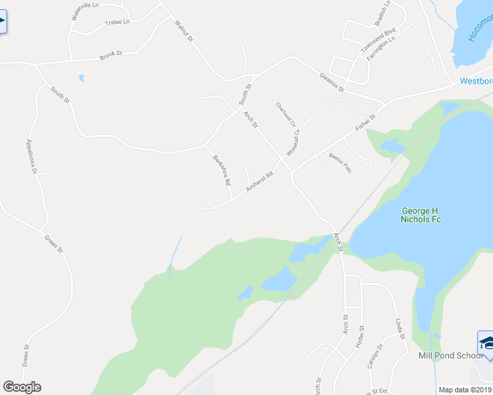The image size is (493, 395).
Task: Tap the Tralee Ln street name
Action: pyautogui.click(x=117, y=22)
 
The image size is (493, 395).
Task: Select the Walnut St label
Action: pyautogui.click(x=183, y=31)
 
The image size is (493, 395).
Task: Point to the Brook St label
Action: pyautogui.click(x=111, y=55)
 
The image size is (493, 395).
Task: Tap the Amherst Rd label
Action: pyautogui.click(x=259, y=182)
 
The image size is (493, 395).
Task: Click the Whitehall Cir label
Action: pyautogui.click(x=293, y=142)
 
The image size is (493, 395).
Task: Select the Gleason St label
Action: pyautogui.click(x=332, y=82)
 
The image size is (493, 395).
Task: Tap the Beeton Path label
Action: pyautogui.click(x=339, y=163)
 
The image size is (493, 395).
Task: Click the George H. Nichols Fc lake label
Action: pyautogui.click(x=421, y=215)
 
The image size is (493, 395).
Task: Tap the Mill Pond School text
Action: pyautogui.click(x=451, y=355)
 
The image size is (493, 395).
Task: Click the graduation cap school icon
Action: pyautogui.click(x=486, y=342)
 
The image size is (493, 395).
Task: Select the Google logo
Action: pyautogui.click(x=22, y=387)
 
